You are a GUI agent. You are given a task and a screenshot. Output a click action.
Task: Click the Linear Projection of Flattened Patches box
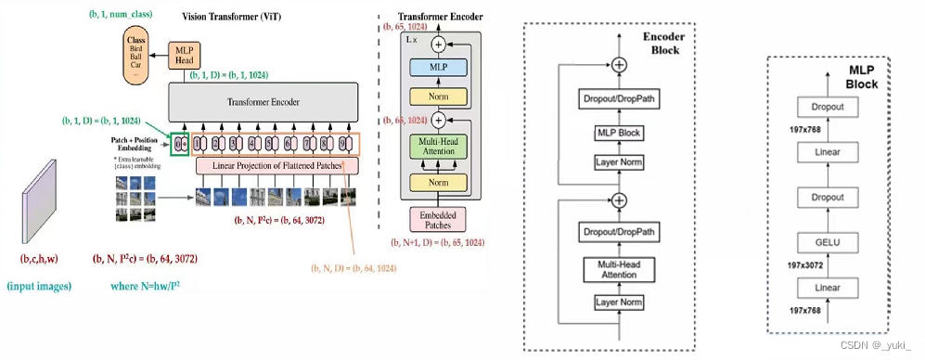point(276,166)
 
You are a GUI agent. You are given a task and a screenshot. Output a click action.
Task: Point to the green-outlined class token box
point(180,144)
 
